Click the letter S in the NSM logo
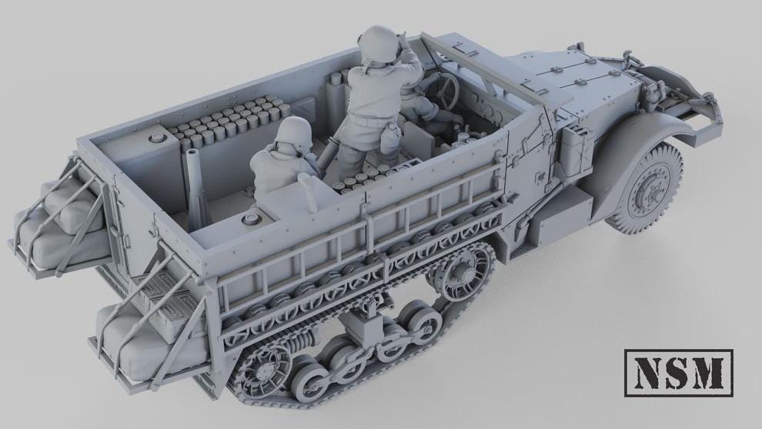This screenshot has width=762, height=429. point(678,374)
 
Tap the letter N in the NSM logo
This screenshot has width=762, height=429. point(647,374)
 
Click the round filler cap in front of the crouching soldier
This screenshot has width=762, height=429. point(249,220)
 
